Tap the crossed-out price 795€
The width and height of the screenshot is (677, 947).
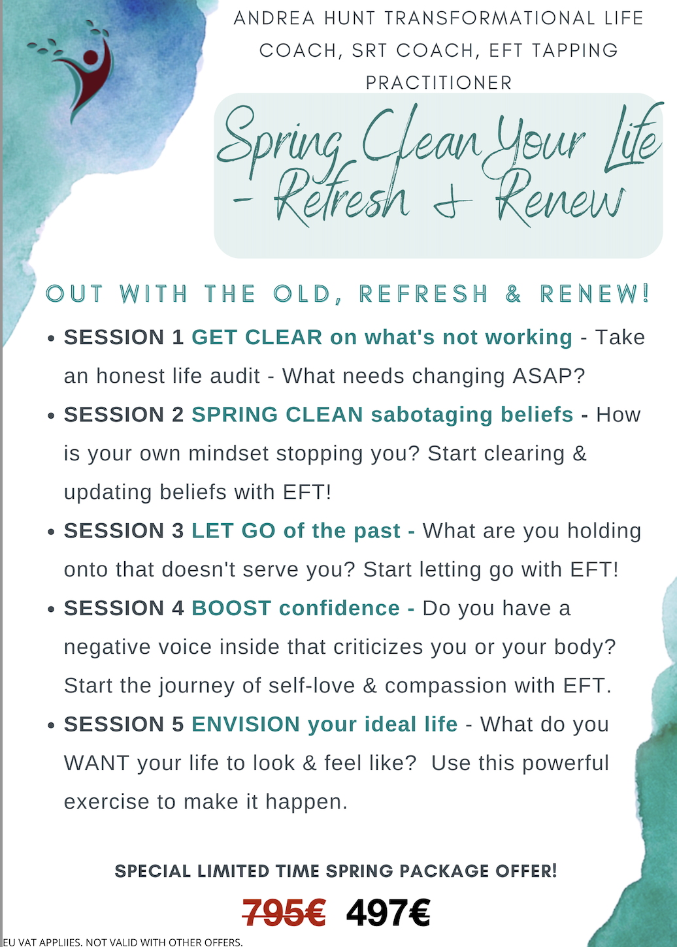[x=284, y=913]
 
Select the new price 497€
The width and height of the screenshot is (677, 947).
[x=388, y=913]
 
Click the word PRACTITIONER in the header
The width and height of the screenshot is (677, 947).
[x=438, y=83]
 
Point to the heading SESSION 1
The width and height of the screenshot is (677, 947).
[x=124, y=338]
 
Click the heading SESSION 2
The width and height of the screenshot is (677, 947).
[x=124, y=415]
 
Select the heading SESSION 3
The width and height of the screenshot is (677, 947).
[x=124, y=531]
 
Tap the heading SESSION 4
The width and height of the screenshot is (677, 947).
[x=124, y=608]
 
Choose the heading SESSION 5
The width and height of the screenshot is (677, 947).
[x=124, y=725]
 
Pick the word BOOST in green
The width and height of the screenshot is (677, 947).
[x=231, y=608]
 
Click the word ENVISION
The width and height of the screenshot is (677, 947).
[x=246, y=725]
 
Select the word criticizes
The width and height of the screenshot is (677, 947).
[x=378, y=647]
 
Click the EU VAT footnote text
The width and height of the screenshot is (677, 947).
[x=123, y=942]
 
